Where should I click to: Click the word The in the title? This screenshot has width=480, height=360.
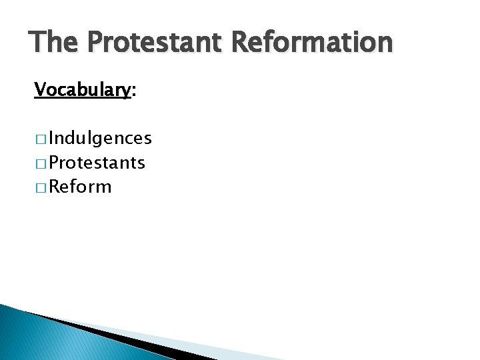54,43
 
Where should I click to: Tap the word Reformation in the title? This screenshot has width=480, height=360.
312,43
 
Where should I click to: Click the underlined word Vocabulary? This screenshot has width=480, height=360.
82,89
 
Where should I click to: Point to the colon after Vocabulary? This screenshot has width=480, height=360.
134,92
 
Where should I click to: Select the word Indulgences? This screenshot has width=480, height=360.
100,138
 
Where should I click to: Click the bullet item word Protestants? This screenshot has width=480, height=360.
97,162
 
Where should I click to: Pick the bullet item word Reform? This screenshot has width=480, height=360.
80,186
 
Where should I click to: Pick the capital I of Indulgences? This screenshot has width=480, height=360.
51,138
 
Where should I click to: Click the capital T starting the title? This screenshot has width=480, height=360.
37,43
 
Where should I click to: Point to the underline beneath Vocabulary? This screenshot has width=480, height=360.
82,98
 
